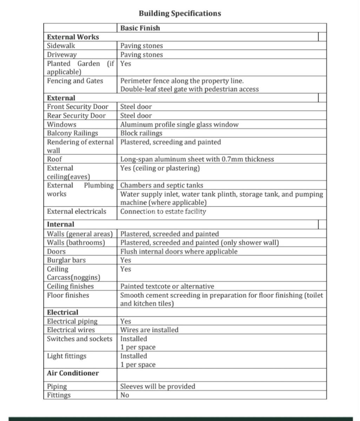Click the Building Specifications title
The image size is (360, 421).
click(180, 13)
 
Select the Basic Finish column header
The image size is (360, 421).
click(140, 28)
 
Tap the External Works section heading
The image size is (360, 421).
click(73, 37)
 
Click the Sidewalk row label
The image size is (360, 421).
click(61, 46)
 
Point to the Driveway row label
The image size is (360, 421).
click(62, 55)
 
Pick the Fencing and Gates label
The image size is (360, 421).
click(75, 81)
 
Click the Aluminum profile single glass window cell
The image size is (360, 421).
click(179, 125)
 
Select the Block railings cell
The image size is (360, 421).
click(141, 133)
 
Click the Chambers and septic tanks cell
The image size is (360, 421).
click(162, 185)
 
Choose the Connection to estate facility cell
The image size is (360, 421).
click(163, 212)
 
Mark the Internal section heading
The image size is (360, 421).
click(61, 224)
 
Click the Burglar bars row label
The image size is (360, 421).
click(66, 260)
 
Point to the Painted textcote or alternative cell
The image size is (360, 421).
click(167, 286)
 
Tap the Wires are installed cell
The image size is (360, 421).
click(149, 330)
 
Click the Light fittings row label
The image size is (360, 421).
click(67, 356)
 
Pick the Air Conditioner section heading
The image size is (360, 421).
click(73, 373)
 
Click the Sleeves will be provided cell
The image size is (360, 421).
click(158, 386)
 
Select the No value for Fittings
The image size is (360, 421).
click(125, 395)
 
